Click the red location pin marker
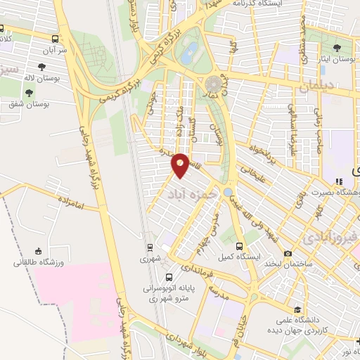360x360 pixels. pyautogui.click(x=180, y=165)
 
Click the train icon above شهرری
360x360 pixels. pyautogui.click(x=149, y=247)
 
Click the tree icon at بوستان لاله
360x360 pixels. pyautogui.click(x=37, y=65)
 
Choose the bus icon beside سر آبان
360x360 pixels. pyautogui.click(x=56, y=39)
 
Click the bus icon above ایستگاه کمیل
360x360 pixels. pyautogui.click(x=240, y=247)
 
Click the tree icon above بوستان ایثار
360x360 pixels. pyautogui.click(x=337, y=48)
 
